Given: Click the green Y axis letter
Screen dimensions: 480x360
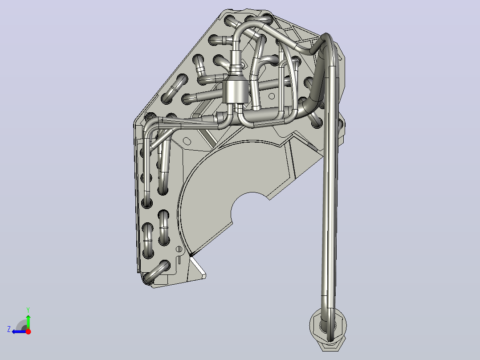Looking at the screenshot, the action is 28,310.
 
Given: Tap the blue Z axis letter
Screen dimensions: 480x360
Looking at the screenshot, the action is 9,329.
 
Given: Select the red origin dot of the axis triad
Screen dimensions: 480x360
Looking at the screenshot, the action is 28,331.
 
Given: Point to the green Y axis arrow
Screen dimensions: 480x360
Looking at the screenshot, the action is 28,321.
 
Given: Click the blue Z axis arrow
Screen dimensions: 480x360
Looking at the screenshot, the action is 19,331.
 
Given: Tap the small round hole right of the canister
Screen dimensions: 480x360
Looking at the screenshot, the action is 271,97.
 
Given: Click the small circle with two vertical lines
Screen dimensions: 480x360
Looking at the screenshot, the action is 179,249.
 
